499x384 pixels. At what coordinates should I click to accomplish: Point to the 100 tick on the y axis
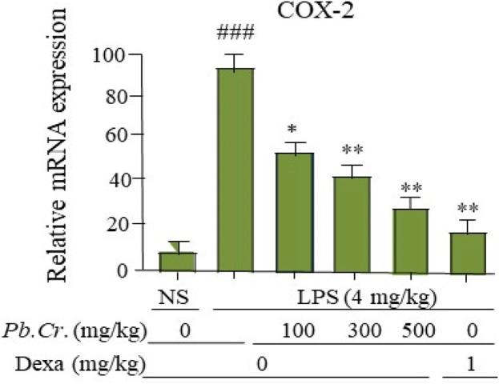pyautogui.click(x=108, y=54)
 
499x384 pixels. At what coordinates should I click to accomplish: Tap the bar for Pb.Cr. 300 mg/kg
pyautogui.click(x=352, y=224)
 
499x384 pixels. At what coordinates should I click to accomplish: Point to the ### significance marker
pyautogui.click(x=235, y=35)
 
